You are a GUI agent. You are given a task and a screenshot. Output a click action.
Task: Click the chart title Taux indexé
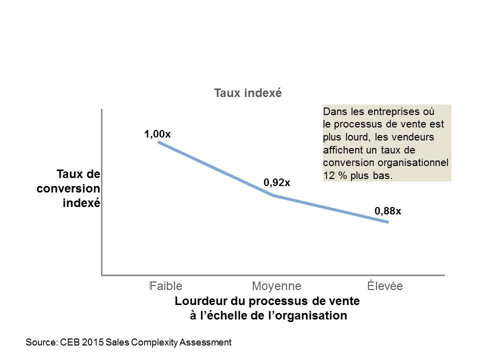[248, 93]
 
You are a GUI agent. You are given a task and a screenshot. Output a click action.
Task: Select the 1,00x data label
[157, 134]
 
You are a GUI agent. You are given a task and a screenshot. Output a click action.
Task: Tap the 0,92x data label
[277, 183]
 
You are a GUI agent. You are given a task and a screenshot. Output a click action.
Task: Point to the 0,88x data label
[388, 211]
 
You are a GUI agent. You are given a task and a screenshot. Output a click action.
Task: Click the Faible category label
[166, 286]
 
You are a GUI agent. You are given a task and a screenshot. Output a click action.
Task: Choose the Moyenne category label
[276, 286]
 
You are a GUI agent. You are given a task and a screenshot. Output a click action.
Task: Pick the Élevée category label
[384, 286]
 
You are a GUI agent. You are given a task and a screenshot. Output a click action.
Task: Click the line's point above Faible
[159, 142]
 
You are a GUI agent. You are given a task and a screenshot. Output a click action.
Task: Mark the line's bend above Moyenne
[273, 195]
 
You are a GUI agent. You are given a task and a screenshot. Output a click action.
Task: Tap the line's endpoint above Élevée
[388, 221]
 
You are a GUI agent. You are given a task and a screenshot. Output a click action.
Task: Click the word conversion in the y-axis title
[68, 189]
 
